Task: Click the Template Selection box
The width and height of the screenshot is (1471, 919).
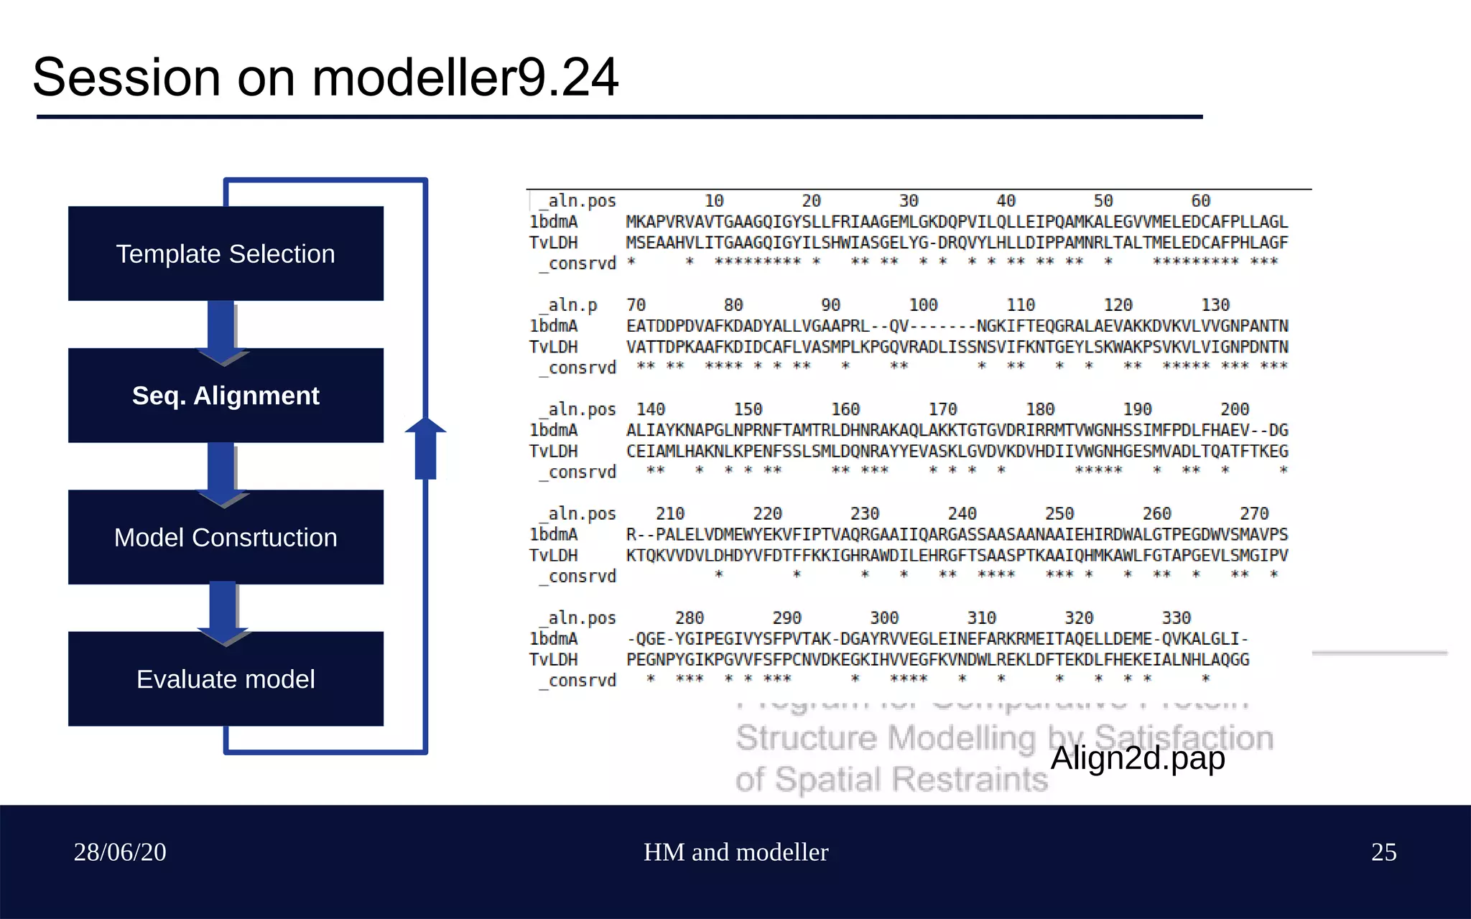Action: [226, 253]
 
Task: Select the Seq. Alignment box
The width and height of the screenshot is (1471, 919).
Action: [226, 396]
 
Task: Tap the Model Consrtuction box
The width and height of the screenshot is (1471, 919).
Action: [226, 537]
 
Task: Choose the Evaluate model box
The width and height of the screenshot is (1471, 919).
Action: [226, 679]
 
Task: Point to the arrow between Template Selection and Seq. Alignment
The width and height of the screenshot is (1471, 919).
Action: [223, 330]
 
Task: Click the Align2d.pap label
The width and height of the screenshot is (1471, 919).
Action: [1138, 758]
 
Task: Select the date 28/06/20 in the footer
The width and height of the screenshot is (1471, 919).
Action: [120, 852]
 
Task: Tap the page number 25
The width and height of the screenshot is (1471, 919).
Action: [1383, 852]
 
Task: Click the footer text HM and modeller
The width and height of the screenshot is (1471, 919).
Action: [735, 852]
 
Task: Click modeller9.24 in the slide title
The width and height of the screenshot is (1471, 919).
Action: [465, 78]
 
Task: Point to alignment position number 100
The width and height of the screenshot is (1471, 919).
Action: [923, 305]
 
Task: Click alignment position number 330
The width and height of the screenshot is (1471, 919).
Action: [1176, 617]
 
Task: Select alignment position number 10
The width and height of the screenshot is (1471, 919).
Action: [713, 201]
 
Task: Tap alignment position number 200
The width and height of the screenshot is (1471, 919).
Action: [1234, 409]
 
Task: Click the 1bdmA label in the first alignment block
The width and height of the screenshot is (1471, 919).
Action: [554, 222]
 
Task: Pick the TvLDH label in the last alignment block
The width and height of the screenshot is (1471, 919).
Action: [554, 660]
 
